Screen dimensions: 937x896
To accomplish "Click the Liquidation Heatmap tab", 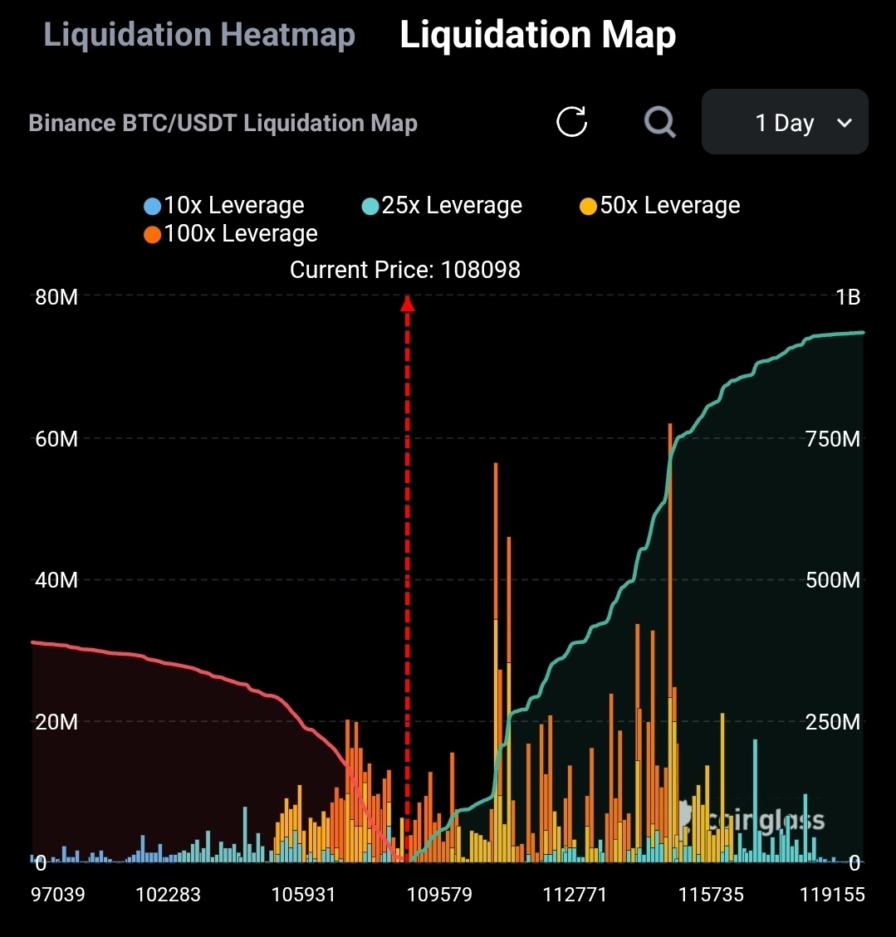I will click(x=199, y=35).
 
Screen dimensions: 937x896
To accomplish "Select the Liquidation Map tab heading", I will click(x=537, y=35).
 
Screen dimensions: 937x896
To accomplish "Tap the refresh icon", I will click(x=571, y=122).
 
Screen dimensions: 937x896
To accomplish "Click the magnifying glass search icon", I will click(x=660, y=122).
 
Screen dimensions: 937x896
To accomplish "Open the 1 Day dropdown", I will click(x=785, y=123).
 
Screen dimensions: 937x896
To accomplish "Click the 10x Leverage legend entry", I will click(x=224, y=205).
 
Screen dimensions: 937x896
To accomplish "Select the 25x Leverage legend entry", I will click(x=443, y=205).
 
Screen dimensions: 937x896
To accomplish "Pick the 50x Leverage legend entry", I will click(x=660, y=205).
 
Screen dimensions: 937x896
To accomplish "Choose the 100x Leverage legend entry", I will click(x=231, y=233).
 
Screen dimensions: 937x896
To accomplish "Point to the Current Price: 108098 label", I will click(x=405, y=270).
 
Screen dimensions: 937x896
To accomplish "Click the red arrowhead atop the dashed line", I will click(x=407, y=304).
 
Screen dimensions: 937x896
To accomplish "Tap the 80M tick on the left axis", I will click(x=56, y=297).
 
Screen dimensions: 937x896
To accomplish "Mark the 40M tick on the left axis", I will click(x=56, y=579).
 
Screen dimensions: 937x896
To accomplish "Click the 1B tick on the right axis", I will click(x=848, y=297).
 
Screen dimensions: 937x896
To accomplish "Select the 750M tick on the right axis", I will click(x=833, y=438).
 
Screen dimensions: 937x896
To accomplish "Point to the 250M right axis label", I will click(x=833, y=722).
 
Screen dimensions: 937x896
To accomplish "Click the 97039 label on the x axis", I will click(x=58, y=895).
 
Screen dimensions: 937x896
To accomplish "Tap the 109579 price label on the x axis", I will click(x=441, y=895).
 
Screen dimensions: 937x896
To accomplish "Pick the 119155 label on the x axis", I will click(x=832, y=895).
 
